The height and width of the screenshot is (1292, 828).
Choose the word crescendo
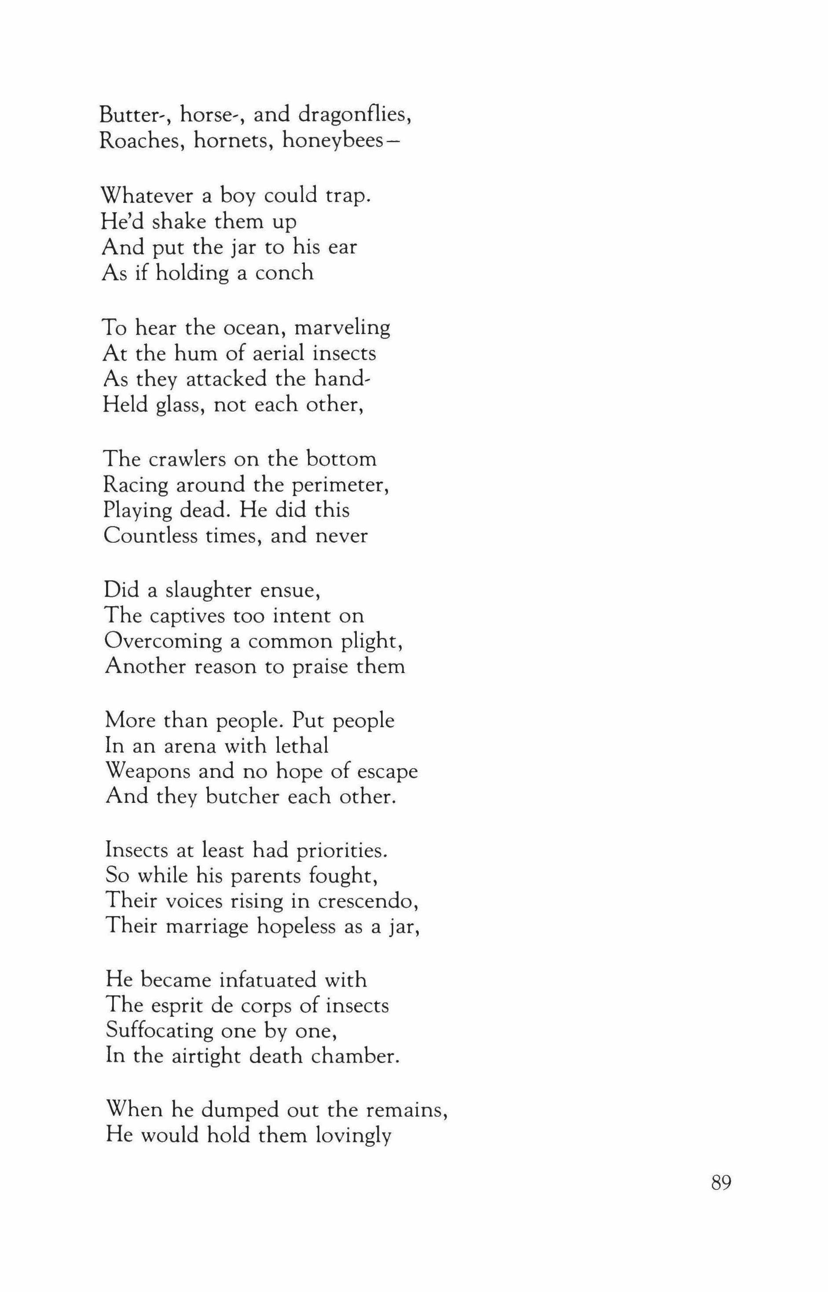(368, 902)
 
